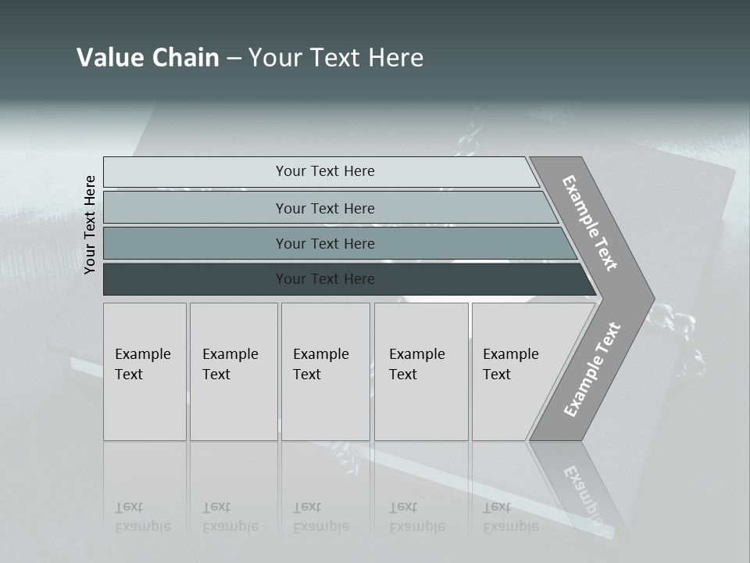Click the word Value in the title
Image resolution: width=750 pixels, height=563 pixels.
click(x=109, y=58)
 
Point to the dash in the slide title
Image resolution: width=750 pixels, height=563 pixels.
click(x=234, y=59)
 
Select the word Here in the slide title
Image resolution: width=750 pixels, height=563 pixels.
click(x=395, y=58)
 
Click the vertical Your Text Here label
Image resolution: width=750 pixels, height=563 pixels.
click(x=90, y=225)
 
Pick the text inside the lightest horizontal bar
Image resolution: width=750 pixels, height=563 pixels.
click(x=325, y=171)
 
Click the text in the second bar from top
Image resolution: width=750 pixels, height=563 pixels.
click(x=325, y=209)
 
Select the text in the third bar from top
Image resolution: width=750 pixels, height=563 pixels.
click(x=325, y=244)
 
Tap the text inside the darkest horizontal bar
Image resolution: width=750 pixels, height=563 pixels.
click(x=325, y=279)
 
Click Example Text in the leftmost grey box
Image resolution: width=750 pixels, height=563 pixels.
click(x=142, y=364)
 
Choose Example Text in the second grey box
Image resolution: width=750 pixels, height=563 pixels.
click(x=230, y=364)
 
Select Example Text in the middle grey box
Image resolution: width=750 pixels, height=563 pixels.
click(x=320, y=364)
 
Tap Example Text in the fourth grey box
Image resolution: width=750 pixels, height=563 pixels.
click(x=416, y=364)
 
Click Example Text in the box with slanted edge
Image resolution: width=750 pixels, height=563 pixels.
click(x=510, y=364)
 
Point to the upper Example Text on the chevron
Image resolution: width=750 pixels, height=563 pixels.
click(x=590, y=223)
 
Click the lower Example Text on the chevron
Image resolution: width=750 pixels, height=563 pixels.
click(x=592, y=369)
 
